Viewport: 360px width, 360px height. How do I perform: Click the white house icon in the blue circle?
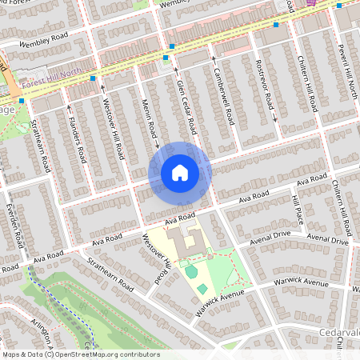(x=179, y=173)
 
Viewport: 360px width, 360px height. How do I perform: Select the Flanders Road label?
(x=77, y=129)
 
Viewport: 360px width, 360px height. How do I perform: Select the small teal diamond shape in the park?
(x=202, y=288)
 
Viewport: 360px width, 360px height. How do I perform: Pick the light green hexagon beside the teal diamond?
(x=191, y=273)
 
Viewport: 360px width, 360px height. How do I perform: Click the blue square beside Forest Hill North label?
(x=94, y=78)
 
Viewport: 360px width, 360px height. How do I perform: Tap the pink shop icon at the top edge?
(x=311, y=2)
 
